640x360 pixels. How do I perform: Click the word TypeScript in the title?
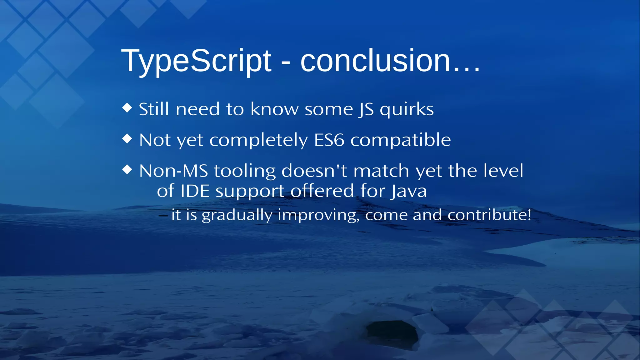pyautogui.click(x=196, y=61)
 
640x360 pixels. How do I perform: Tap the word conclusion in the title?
pyautogui.click(x=375, y=61)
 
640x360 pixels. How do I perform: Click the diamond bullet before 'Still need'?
pyautogui.click(x=127, y=108)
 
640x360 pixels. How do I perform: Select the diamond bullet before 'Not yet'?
pyautogui.click(x=127, y=138)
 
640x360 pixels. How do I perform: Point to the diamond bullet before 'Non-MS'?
pyautogui.click(x=127, y=169)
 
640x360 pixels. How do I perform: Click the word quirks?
pyautogui.click(x=407, y=109)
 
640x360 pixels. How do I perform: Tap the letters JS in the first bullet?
pyautogui.click(x=366, y=110)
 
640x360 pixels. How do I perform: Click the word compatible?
pyautogui.click(x=401, y=140)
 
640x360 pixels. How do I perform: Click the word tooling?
pyautogui.click(x=245, y=171)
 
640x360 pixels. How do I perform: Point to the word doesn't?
pyautogui.click(x=314, y=171)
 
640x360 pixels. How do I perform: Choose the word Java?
pyautogui.click(x=409, y=191)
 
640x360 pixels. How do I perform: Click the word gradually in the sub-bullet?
pyautogui.click(x=237, y=215)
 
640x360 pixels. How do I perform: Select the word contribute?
pyautogui.click(x=489, y=215)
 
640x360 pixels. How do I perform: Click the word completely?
pyautogui.click(x=258, y=140)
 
